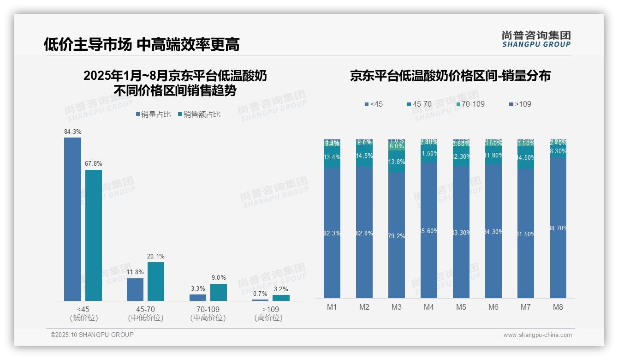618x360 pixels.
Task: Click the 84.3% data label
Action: click(73, 132)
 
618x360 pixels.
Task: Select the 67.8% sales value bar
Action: click(94, 235)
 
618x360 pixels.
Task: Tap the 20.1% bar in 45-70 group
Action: click(156, 282)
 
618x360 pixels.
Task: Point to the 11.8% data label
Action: click(135, 272)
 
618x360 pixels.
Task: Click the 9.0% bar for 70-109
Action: click(219, 292)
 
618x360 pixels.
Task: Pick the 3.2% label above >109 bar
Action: click(281, 289)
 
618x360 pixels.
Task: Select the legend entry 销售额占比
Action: click(199, 114)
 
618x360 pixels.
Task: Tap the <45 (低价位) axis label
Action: click(83, 313)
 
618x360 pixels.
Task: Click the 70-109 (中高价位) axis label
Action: click(208, 313)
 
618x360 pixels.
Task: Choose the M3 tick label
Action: click(397, 307)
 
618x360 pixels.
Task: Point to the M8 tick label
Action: click(558, 307)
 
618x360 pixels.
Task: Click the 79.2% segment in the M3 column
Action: click(397, 235)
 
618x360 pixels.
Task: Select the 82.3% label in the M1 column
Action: click(332, 234)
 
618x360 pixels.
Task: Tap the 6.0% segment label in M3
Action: click(397, 146)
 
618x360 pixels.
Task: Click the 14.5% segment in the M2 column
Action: click(364, 156)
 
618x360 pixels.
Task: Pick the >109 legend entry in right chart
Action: click(520, 104)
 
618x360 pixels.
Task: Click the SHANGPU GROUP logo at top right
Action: click(536, 39)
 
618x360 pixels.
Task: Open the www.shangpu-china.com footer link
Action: click(537, 335)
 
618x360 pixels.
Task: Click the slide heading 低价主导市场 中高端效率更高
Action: click(141, 44)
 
